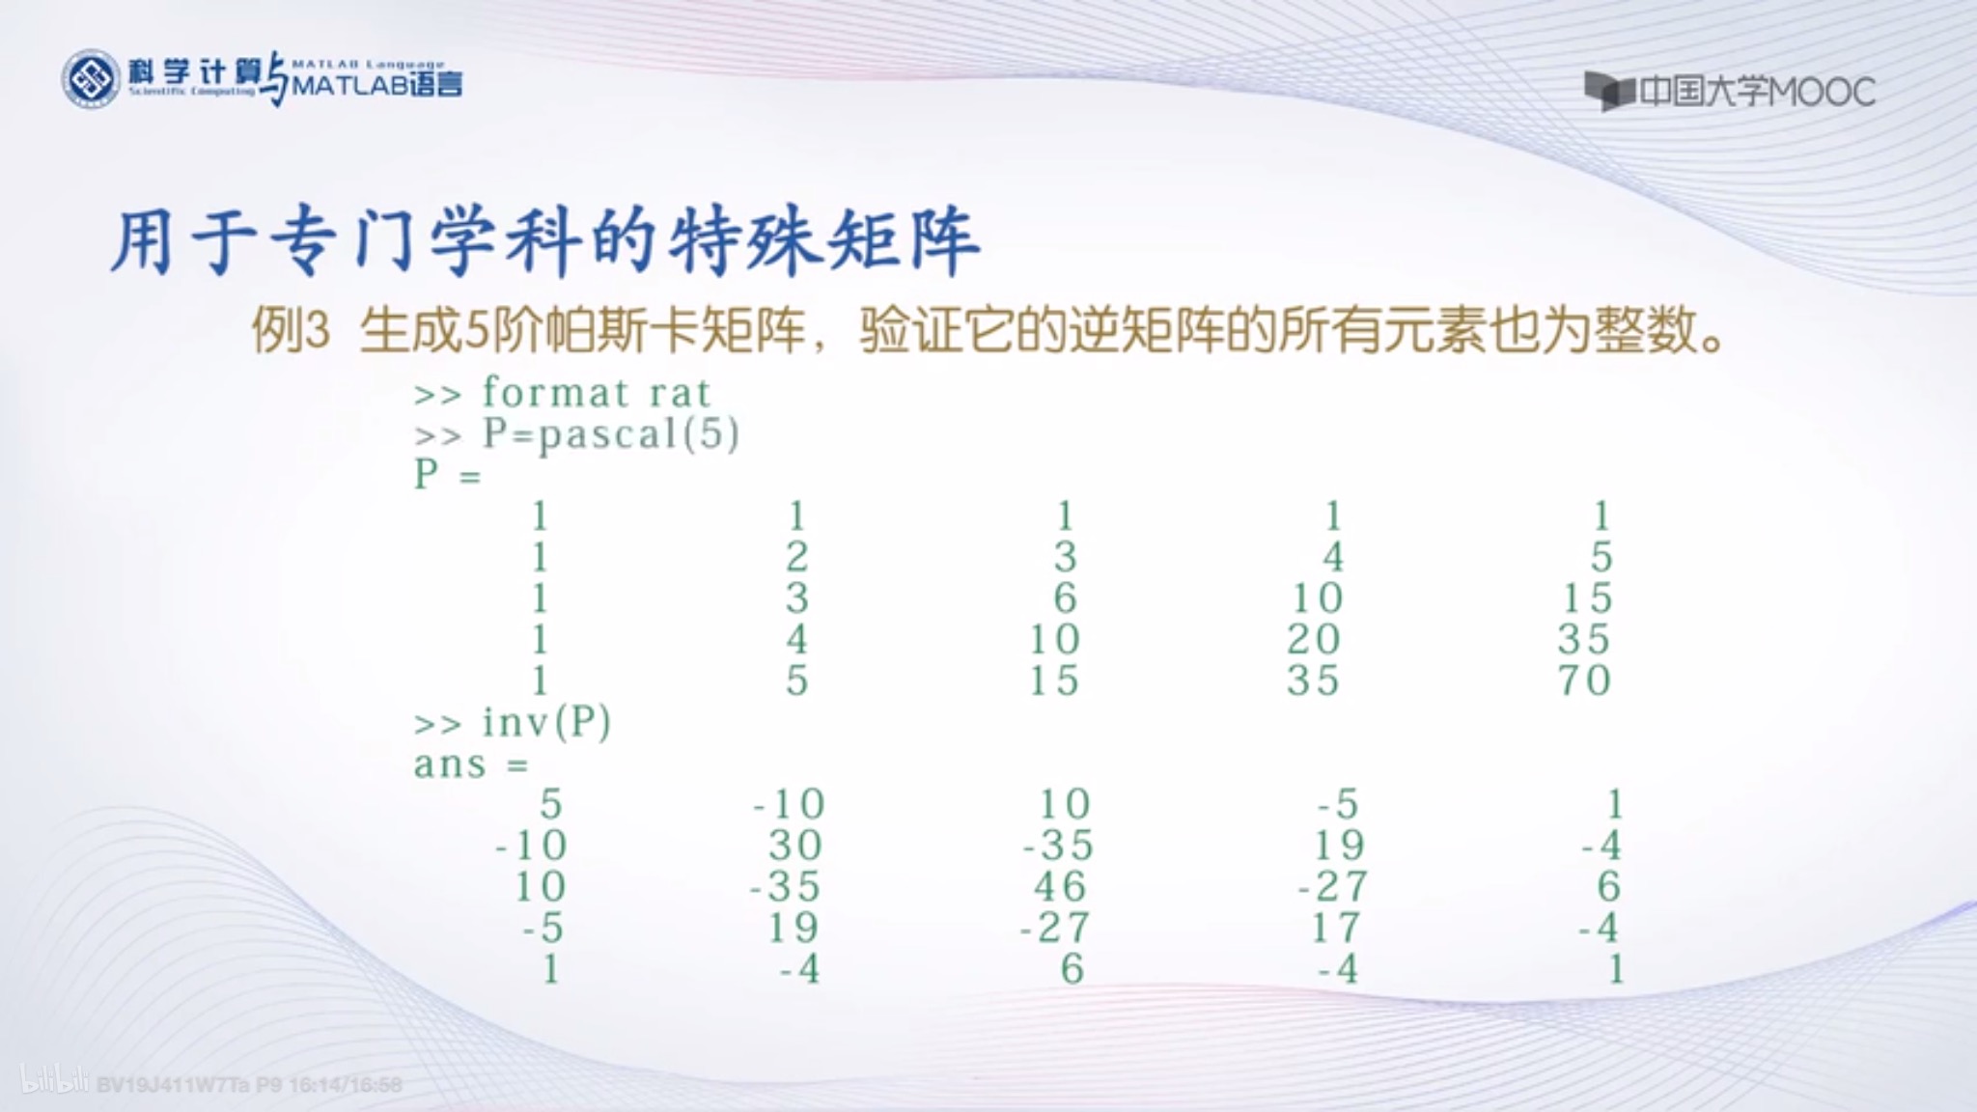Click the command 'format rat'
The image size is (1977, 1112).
click(x=596, y=393)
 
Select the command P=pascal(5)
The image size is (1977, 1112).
click(x=610, y=434)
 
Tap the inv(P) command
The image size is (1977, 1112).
click(x=546, y=722)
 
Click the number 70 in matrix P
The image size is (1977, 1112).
click(x=1584, y=681)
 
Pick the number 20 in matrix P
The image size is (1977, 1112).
click(x=1314, y=639)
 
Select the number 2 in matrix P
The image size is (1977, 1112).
click(x=796, y=557)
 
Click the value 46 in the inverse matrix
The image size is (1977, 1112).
click(x=1060, y=886)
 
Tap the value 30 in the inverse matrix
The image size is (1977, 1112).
click(x=795, y=846)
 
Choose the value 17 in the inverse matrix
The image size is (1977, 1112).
click(x=1336, y=928)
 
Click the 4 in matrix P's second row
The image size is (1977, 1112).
click(x=1333, y=557)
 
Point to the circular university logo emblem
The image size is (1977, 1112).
click(x=91, y=79)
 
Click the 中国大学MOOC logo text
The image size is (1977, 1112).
click(x=1756, y=93)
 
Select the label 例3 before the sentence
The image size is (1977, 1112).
click(x=291, y=331)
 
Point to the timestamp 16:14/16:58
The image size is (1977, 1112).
click(x=345, y=1085)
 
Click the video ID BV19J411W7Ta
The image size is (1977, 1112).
click(x=173, y=1085)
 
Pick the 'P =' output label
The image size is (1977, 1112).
click(x=447, y=475)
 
